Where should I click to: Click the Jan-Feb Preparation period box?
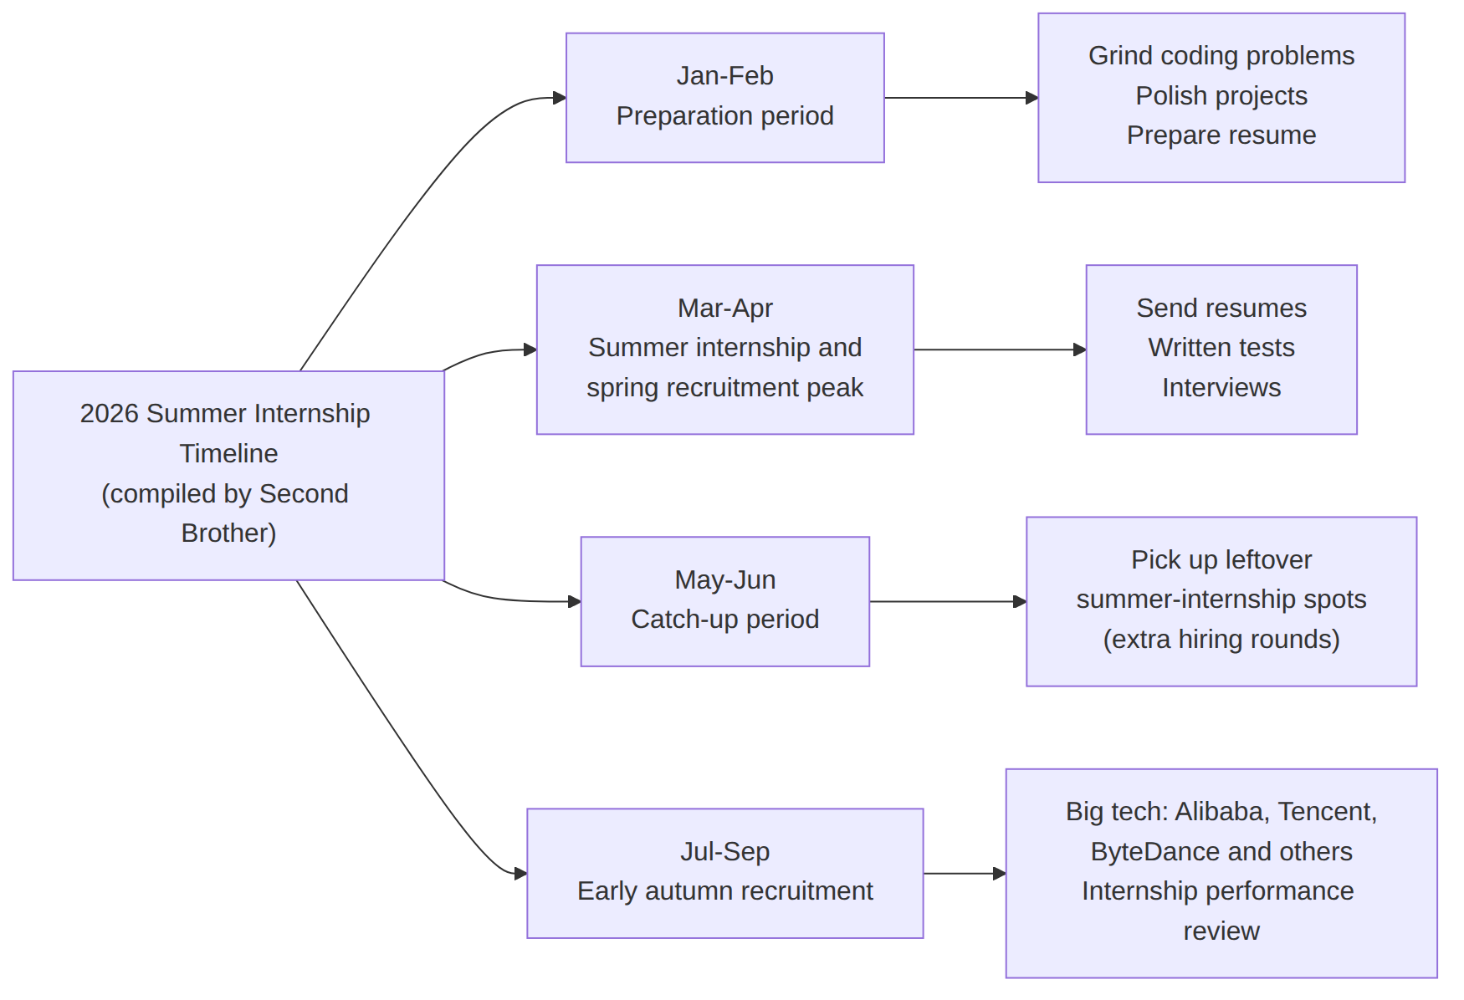pos(724,98)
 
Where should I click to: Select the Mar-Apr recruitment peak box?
pos(724,349)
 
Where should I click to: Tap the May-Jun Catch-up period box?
pos(724,601)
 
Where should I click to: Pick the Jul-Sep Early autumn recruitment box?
pos(724,873)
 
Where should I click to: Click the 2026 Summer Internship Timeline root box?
pos(228,475)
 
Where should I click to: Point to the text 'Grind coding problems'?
pos(1221,56)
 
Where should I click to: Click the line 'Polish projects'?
pos(1221,95)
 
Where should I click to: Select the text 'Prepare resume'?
pos(1221,135)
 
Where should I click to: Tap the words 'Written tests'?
pos(1221,347)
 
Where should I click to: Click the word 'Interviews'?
pos(1221,387)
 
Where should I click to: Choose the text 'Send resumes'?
pos(1221,308)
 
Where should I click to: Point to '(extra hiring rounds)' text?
pos(1221,639)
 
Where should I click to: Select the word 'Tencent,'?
pos(1327,811)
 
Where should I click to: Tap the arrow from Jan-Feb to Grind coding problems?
pos(961,98)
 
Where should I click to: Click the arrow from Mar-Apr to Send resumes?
pos(1000,349)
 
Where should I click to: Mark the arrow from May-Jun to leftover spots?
pos(948,601)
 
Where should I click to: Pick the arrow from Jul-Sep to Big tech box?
pos(965,873)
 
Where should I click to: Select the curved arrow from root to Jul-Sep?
pos(402,739)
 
